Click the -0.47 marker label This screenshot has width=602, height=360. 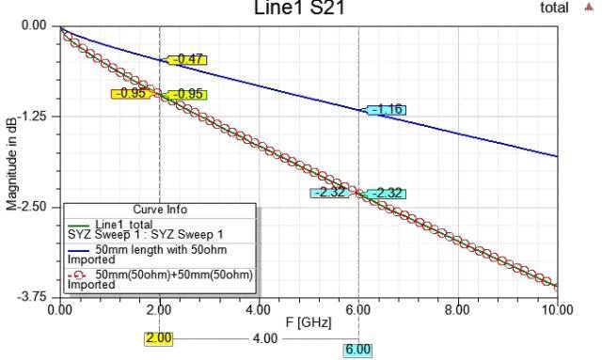(185, 59)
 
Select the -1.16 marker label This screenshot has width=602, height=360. (385, 110)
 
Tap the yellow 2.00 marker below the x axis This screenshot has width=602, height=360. (159, 337)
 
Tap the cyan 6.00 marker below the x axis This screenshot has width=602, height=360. (358, 349)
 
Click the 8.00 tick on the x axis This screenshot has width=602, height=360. (457, 308)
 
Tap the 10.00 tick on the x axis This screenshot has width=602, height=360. (557, 308)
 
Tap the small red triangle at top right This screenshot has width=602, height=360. (590, 6)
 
